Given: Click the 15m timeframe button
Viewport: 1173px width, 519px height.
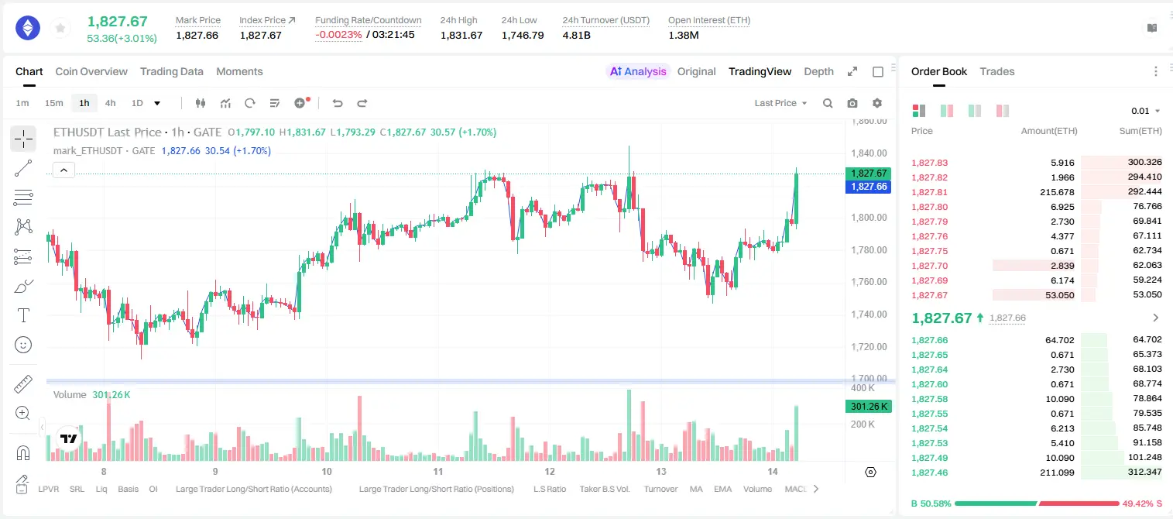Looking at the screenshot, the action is [54, 103].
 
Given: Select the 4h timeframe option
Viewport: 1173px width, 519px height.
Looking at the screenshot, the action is [110, 103].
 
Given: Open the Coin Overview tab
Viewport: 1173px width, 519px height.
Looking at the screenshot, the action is [91, 71].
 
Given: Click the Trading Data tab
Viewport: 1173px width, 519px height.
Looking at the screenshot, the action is [171, 71].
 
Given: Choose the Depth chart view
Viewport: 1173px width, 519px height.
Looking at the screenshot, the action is [818, 71].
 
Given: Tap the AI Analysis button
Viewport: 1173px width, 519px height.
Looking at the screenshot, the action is [638, 71].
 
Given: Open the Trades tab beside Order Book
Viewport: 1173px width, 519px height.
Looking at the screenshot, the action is [997, 71].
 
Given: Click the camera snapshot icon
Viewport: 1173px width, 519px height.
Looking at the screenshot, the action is [852, 103].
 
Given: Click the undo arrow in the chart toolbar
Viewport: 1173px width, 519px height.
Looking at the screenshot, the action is [338, 103].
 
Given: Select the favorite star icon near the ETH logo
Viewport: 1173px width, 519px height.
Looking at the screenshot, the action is [60, 28].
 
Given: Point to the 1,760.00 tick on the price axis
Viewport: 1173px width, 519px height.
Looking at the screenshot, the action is [869, 282].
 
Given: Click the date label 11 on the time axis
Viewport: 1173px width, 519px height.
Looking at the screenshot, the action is [437, 471].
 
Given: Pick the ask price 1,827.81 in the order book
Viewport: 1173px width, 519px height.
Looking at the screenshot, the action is [930, 192].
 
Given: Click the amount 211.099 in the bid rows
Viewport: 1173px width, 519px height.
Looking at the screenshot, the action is [1057, 473].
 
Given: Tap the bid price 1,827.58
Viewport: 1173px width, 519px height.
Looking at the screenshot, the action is [930, 399].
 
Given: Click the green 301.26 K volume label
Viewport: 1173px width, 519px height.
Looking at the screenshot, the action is [868, 407].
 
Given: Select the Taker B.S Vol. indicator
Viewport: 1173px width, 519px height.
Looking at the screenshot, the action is [604, 489].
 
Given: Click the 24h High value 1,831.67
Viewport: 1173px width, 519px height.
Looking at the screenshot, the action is [461, 35].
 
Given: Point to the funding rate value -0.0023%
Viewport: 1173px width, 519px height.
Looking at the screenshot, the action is [338, 35].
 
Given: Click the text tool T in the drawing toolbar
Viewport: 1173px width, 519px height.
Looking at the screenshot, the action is [23, 315].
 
